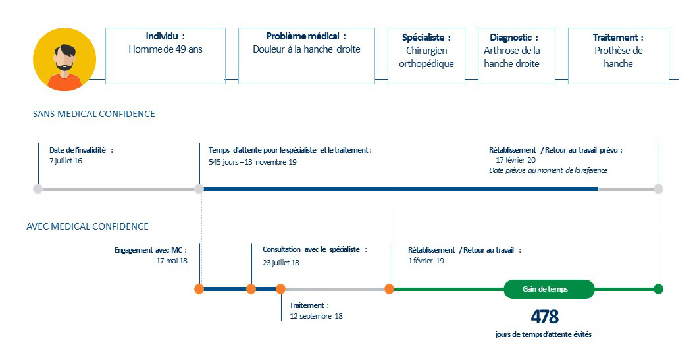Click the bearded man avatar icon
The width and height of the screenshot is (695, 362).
coord(64,59)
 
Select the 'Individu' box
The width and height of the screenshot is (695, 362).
coord(165,56)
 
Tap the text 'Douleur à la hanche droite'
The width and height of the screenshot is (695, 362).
coord(307,49)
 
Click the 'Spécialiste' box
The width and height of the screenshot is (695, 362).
coord(426,56)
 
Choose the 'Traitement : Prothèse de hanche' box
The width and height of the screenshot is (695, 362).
coord(618,56)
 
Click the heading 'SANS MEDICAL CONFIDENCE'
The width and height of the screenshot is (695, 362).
coord(94,115)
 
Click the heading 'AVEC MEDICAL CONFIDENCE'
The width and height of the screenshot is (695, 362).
coord(88,227)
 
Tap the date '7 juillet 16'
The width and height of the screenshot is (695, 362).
coord(66,161)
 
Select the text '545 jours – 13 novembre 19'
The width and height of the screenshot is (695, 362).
coord(253,162)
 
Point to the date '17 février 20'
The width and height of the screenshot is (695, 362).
coord(515,160)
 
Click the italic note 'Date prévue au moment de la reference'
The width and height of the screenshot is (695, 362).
coord(548,170)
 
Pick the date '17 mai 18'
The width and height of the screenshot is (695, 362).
coord(172,261)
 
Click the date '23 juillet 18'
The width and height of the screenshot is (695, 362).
coord(281,263)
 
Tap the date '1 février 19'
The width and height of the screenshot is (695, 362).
coord(426,261)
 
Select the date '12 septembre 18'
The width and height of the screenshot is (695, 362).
coord(316,316)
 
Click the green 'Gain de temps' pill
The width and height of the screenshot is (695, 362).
coord(549,290)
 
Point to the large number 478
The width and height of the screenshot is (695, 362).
coord(545,317)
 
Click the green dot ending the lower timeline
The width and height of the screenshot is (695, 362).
coord(659,290)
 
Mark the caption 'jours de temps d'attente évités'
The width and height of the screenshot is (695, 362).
coord(544,334)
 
